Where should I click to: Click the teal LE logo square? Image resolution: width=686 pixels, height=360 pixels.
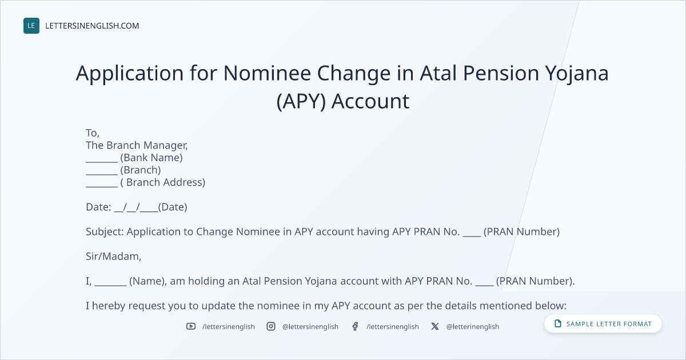(x=31, y=26)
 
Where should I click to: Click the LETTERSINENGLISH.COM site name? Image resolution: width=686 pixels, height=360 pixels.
(x=92, y=26)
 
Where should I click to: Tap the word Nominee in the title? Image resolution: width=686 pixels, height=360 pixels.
(x=267, y=73)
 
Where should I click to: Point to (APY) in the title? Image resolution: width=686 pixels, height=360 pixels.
(x=301, y=101)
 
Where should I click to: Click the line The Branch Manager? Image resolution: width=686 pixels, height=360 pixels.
(x=137, y=145)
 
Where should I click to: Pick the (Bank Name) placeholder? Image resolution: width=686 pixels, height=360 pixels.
(x=151, y=158)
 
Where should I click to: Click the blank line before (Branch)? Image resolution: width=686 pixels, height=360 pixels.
(x=102, y=174)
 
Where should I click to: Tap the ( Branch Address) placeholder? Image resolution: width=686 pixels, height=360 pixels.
(x=162, y=182)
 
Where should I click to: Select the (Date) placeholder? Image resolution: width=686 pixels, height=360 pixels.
(x=173, y=207)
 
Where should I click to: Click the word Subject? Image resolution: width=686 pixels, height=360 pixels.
(x=105, y=232)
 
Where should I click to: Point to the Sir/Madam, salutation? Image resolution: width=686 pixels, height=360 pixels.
(x=114, y=257)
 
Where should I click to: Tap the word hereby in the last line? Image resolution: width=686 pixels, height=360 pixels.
(x=109, y=306)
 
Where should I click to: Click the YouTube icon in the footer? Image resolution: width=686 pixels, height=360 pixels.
(x=191, y=326)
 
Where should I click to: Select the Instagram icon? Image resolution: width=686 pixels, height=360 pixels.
(x=271, y=326)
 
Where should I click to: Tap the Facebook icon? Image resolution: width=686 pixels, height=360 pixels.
(x=355, y=326)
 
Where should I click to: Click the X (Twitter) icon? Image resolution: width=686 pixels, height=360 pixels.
(x=435, y=326)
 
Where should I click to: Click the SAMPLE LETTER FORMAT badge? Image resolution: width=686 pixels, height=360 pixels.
(x=603, y=324)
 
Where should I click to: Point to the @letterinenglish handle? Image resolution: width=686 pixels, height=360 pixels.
(x=473, y=327)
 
